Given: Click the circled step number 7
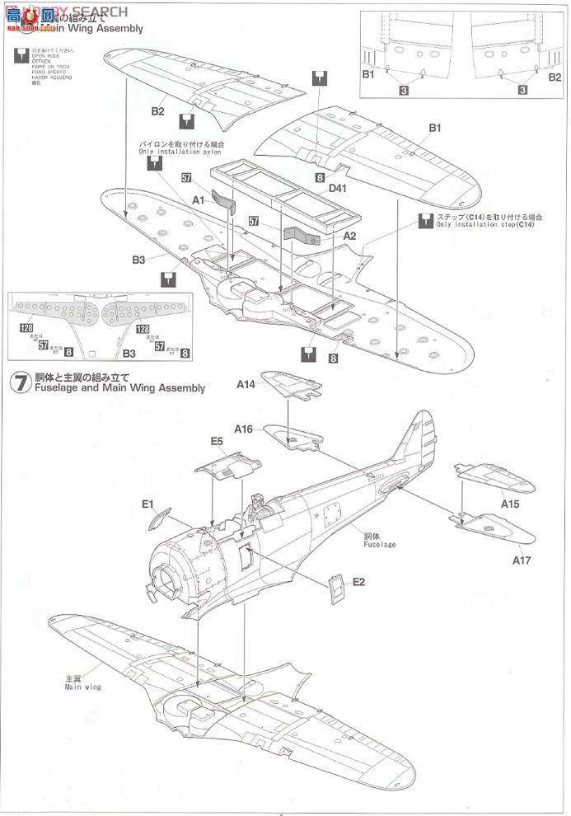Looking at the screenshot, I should [x=18, y=382].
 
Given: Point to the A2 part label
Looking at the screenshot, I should [x=349, y=236].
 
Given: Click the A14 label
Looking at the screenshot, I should [x=246, y=385].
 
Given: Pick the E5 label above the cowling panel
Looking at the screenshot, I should [x=217, y=442].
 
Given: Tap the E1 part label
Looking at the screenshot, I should [x=148, y=504].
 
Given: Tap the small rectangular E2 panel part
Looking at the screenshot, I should [x=336, y=589].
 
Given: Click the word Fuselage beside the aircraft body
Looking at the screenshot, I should [x=380, y=544].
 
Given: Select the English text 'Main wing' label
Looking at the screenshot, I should [x=82, y=687].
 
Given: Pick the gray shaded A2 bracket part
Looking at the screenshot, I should [x=304, y=235].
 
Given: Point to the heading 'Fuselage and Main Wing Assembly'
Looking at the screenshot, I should [x=119, y=388].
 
